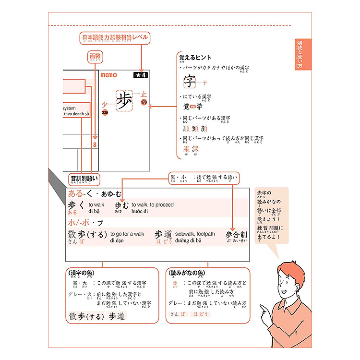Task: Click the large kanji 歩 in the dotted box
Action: coord(124,100)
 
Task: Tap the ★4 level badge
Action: coord(141,75)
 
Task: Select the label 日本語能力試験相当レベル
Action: coord(115,37)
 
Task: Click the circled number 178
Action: coord(144,102)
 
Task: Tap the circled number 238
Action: coord(105,113)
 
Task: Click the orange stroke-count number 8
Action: coord(95,144)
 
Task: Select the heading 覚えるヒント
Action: coord(195,58)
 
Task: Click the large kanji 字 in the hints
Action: coord(190,81)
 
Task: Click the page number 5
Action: coord(297,333)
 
